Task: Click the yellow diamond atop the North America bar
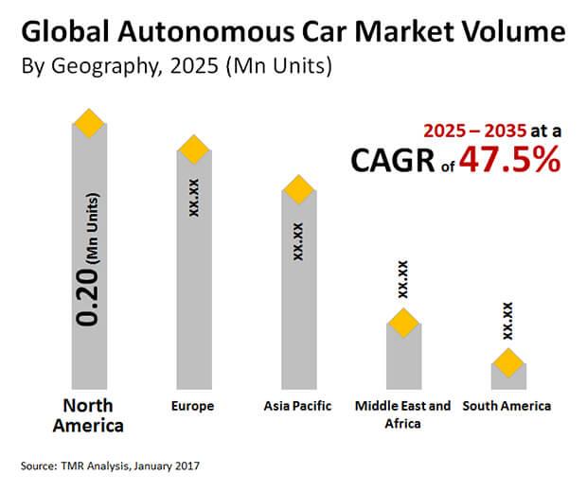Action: (89, 123)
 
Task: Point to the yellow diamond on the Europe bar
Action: (194, 149)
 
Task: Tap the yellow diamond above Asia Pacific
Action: (299, 189)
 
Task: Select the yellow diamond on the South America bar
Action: (508, 363)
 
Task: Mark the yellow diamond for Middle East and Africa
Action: (403, 323)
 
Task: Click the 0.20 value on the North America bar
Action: (88, 297)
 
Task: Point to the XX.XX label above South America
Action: (508, 321)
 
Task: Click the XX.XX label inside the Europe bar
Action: (194, 198)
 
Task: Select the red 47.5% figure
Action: (510, 160)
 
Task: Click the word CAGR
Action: (393, 160)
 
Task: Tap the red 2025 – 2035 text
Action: (475, 131)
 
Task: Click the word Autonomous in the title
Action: (206, 32)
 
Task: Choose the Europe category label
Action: (192, 406)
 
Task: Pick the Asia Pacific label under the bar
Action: (297, 406)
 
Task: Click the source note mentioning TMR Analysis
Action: (110, 466)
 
